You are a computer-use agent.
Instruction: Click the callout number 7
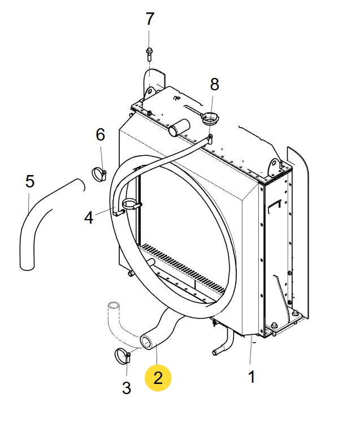tap(149, 19)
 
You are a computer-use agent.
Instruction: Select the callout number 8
tap(214, 85)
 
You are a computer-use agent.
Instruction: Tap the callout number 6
tap(100, 134)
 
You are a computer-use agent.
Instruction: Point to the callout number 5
tap(30, 181)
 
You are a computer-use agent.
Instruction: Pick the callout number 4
tap(89, 217)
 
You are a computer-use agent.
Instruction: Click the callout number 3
tap(127, 388)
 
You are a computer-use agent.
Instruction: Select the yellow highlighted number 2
tap(158, 378)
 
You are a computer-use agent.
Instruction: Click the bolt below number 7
tap(149, 54)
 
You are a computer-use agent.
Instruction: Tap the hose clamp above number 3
tap(123, 356)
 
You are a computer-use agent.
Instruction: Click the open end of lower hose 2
tap(148, 341)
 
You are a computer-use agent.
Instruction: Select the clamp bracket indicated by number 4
tap(129, 206)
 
